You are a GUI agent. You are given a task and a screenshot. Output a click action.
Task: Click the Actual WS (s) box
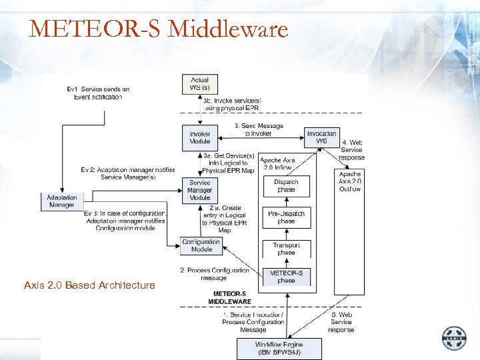[x=199, y=84]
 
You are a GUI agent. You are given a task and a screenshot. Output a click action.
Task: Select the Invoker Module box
[x=199, y=137]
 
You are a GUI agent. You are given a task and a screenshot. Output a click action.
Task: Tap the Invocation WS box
[x=321, y=137]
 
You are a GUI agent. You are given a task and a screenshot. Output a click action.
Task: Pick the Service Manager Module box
[x=199, y=190]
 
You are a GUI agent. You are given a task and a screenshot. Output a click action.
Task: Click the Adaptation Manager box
[x=62, y=201]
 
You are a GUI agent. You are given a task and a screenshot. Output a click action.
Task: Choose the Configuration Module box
[x=201, y=245]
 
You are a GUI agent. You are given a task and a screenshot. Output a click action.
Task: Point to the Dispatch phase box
[x=286, y=186]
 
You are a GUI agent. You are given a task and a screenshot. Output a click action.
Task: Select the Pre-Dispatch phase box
[x=286, y=217]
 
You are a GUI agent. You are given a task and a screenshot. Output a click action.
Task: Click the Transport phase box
[x=286, y=249]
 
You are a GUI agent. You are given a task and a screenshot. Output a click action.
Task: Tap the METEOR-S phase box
[x=286, y=277]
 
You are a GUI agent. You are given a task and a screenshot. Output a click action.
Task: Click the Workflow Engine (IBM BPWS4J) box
[x=279, y=348]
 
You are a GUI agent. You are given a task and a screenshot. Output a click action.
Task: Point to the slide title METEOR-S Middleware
[x=159, y=29]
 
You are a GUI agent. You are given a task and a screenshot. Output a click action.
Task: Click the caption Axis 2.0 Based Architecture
[x=89, y=285]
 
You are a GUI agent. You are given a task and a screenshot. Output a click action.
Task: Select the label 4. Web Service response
[x=352, y=150]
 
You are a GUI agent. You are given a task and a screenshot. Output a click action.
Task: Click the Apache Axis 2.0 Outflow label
[x=350, y=181]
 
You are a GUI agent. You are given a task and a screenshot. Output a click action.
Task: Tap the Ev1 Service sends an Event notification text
[x=98, y=93]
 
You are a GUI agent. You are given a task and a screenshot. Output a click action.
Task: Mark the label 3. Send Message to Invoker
[x=259, y=129]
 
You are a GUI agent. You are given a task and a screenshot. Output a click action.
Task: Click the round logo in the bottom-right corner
[x=455, y=338]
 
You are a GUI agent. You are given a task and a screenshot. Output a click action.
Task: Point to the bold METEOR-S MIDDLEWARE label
[x=229, y=297]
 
